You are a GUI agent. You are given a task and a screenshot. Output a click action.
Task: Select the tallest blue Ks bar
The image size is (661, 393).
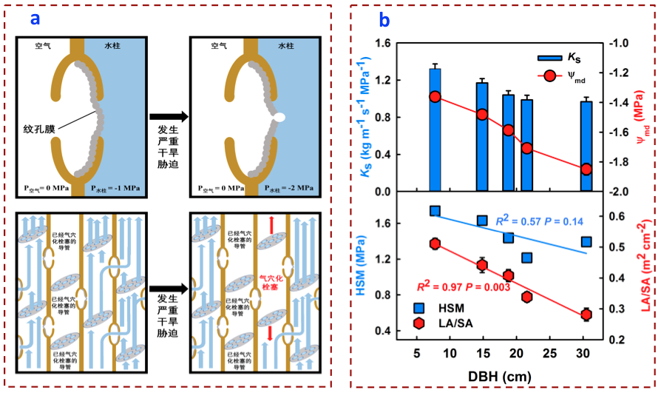[x=435, y=130]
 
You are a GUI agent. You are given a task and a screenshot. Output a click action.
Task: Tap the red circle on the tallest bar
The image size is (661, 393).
[x=435, y=97]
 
